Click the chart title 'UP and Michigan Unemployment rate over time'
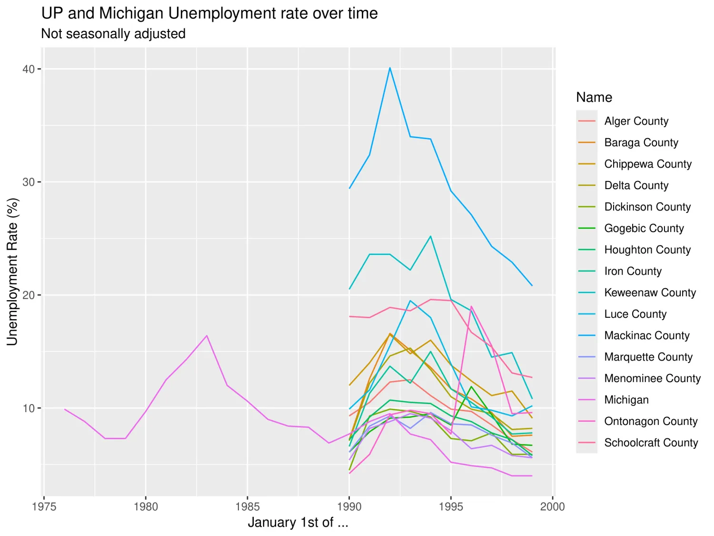point(209,13)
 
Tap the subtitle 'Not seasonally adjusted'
point(113,34)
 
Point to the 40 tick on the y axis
point(29,69)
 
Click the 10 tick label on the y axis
point(29,408)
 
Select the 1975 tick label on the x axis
point(44,506)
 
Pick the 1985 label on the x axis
point(248,506)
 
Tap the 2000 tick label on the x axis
point(552,506)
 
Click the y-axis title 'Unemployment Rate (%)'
point(12,272)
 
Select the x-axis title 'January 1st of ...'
point(298,523)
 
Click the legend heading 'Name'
point(594,97)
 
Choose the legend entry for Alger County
point(636,121)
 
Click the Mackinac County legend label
point(646,335)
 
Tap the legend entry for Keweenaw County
point(650,293)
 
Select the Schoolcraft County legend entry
point(651,443)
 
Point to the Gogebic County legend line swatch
point(586,228)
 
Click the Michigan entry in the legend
point(626,400)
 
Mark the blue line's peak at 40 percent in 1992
point(390,68)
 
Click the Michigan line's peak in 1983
point(207,335)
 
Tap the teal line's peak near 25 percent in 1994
point(431,236)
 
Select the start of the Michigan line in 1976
point(65,409)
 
